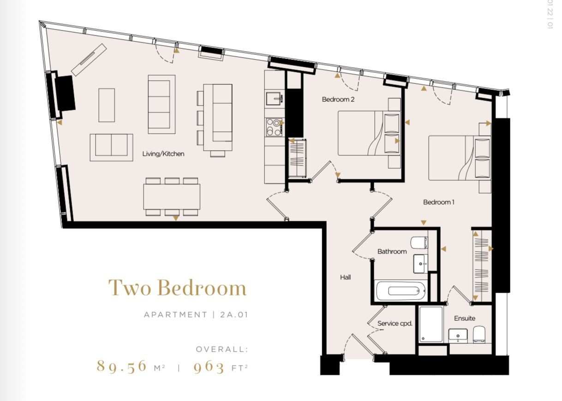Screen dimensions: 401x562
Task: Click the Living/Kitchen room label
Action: (x=163, y=154)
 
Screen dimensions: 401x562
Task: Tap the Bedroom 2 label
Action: (x=338, y=99)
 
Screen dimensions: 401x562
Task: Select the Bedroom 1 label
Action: (x=439, y=202)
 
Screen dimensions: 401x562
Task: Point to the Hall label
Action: (x=345, y=277)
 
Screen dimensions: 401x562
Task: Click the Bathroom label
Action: (x=392, y=251)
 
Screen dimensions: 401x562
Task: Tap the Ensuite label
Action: (x=464, y=318)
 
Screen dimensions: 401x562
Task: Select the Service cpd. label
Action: (x=395, y=323)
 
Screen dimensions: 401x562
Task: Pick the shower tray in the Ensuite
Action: (x=431, y=325)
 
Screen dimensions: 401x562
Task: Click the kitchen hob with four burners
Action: (x=274, y=127)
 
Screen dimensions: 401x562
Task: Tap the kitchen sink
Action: (x=275, y=99)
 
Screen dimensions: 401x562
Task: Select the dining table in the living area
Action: (x=172, y=197)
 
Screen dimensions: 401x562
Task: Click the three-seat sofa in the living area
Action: (x=161, y=104)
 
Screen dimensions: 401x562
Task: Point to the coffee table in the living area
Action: (x=107, y=105)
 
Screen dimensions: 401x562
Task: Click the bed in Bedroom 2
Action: (x=365, y=133)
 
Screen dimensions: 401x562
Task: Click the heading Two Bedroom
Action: (x=178, y=288)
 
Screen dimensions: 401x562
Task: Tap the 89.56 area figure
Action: (x=122, y=366)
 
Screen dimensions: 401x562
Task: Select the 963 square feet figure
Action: (x=209, y=367)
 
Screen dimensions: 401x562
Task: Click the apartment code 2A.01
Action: (x=234, y=315)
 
